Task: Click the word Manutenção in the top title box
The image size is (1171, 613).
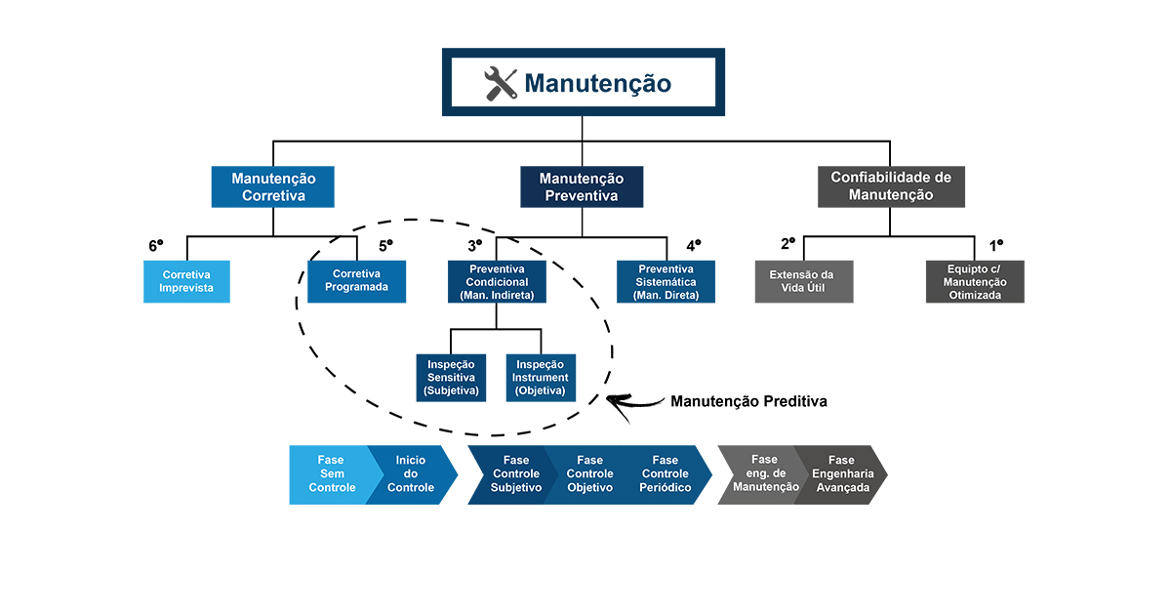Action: pos(597,83)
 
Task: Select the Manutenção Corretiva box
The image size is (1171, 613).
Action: pos(273,186)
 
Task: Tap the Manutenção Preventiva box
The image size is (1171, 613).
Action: pos(582,186)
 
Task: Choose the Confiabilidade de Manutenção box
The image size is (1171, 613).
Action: pos(890,186)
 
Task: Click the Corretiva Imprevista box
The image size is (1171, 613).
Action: pos(187,281)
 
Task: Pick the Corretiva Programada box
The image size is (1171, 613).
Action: pos(357,281)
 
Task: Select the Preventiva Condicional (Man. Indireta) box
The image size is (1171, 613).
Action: pos(497,281)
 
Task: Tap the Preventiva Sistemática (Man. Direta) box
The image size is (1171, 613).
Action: pos(666,281)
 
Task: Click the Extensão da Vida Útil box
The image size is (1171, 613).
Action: pos(805,281)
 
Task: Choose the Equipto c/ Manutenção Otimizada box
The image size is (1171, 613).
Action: pos(974,281)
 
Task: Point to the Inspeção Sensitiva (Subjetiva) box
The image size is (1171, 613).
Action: pos(451,377)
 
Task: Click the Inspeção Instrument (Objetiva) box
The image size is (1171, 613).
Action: pos(541,377)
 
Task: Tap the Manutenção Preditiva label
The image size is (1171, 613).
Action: pos(748,401)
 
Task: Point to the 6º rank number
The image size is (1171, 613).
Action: pos(155,246)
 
